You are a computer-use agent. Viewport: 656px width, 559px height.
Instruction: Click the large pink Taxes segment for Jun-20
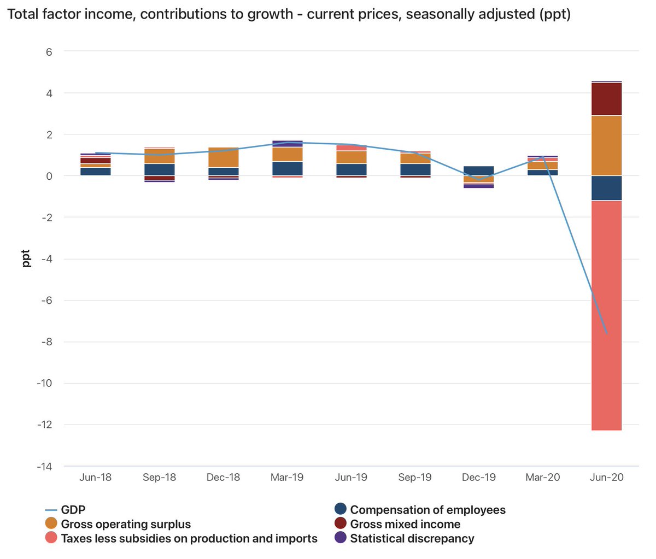pyautogui.click(x=606, y=315)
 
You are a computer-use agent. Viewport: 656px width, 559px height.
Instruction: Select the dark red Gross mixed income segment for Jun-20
pyautogui.click(x=606, y=99)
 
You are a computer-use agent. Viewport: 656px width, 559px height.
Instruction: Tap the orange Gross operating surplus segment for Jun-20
pyautogui.click(x=606, y=145)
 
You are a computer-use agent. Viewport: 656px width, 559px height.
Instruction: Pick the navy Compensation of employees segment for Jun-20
pyautogui.click(x=606, y=188)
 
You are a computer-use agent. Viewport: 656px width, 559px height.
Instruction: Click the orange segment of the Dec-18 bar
pyautogui.click(x=224, y=157)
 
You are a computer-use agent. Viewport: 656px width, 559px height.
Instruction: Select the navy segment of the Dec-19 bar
pyautogui.click(x=478, y=170)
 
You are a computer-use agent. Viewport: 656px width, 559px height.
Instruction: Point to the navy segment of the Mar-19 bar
pyautogui.click(x=287, y=168)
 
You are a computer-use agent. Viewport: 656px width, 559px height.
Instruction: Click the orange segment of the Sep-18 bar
pyautogui.click(x=159, y=156)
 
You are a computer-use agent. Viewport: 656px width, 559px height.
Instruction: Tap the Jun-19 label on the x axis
pyautogui.click(x=351, y=477)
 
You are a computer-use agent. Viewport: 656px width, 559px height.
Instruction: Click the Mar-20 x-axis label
pyautogui.click(x=543, y=477)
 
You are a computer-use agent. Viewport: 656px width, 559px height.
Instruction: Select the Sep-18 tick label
pyautogui.click(x=159, y=477)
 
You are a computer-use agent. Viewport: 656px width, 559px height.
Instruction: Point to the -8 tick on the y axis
pyautogui.click(x=47, y=342)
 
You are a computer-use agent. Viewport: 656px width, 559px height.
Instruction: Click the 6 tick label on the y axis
pyautogui.click(x=49, y=52)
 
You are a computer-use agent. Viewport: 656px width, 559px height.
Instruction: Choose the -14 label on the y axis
pyautogui.click(x=44, y=466)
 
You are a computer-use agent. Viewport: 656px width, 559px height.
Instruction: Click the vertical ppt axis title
pyautogui.click(x=26, y=258)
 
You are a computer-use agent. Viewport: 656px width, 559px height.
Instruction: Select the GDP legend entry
pyautogui.click(x=66, y=510)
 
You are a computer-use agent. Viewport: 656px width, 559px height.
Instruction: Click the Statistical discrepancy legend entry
pyautogui.click(x=405, y=538)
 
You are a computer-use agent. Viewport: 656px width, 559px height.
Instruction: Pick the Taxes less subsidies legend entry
pyautogui.click(x=181, y=538)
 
